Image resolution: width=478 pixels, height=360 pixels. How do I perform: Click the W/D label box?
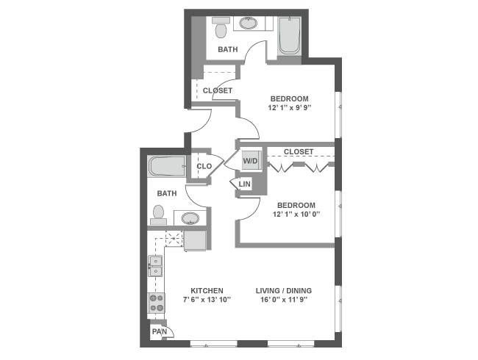pyautogui.click(x=249, y=161)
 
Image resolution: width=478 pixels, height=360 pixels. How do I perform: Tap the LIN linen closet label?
pyautogui.click(x=245, y=184)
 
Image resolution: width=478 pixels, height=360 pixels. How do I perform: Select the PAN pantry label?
pyautogui.click(x=159, y=332)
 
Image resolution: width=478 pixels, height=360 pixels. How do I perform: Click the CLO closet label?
pyautogui.click(x=204, y=166)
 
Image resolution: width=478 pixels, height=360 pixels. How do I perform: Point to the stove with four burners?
pyautogui.click(x=157, y=302)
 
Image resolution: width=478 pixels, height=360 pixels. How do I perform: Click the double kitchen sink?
pyautogui.click(x=156, y=266)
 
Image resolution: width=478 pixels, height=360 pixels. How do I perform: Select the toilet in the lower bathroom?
pyautogui.click(x=158, y=214)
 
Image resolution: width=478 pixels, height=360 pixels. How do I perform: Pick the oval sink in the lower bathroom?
pyautogui.click(x=191, y=218)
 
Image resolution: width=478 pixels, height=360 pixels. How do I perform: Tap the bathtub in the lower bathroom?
pyautogui.click(x=168, y=166)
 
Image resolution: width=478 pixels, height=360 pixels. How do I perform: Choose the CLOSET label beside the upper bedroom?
pyautogui.click(x=218, y=90)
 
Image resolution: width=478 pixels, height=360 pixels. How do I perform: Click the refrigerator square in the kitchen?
pyautogui.click(x=195, y=240)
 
